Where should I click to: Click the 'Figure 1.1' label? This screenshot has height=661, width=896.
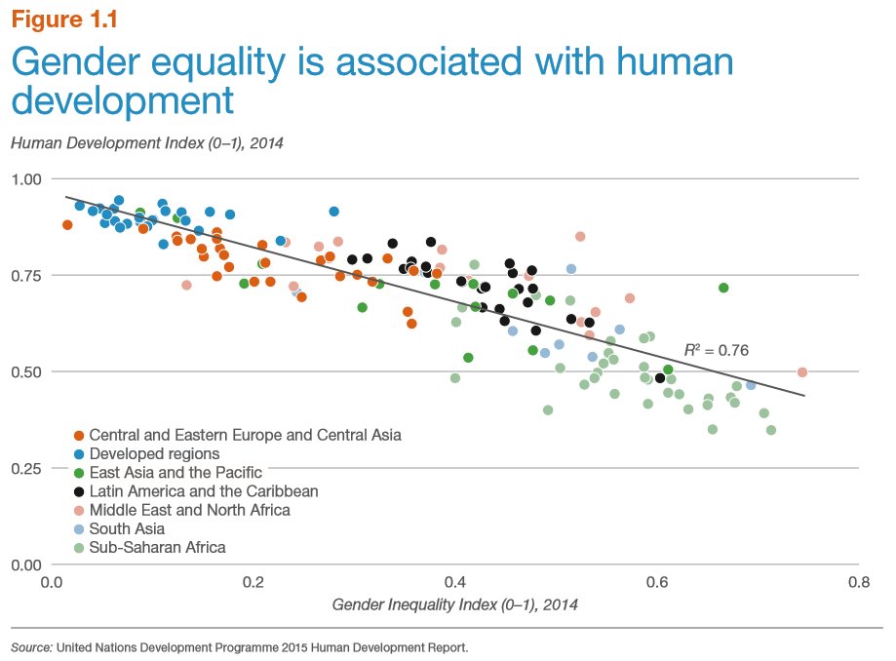67,19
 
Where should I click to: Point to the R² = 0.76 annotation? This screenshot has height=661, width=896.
716,349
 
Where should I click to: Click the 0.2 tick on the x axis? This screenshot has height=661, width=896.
253,582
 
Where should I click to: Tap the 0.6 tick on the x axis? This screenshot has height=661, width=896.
656,582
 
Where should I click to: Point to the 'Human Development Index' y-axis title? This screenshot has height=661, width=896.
146,142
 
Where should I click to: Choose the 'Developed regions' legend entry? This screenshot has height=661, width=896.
154,453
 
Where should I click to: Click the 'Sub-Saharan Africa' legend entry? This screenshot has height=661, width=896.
157,547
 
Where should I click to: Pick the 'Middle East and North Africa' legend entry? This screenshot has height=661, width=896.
189,510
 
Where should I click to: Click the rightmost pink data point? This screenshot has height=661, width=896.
802,372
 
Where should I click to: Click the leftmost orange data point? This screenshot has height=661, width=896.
67,225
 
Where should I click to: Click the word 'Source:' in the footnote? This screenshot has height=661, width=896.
31,646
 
